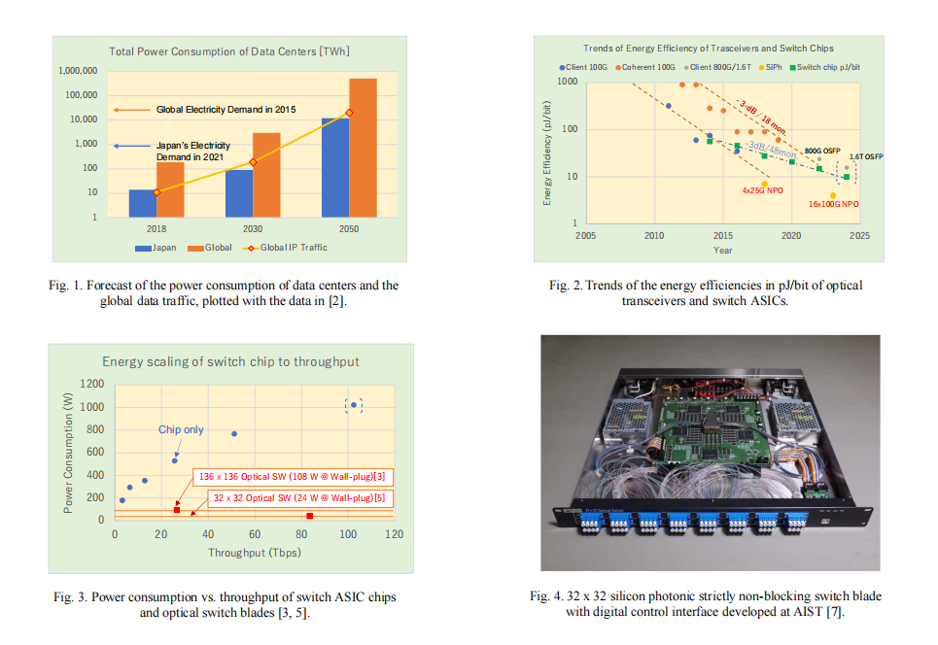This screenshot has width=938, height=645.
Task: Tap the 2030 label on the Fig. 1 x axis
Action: pos(253,228)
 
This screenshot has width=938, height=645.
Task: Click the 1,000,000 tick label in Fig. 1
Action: pos(78,71)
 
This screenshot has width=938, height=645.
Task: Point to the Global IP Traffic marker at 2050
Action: pos(349,113)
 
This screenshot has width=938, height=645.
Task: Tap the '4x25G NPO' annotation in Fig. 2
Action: pos(763,191)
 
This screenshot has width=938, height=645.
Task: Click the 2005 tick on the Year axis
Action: pos(585,235)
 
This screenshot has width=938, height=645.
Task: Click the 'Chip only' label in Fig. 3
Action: pos(182,429)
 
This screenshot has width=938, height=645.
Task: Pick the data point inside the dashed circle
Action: pos(354,405)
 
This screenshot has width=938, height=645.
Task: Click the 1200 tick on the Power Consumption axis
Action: pos(91,385)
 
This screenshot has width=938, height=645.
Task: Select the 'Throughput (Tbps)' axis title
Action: pos(254,553)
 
